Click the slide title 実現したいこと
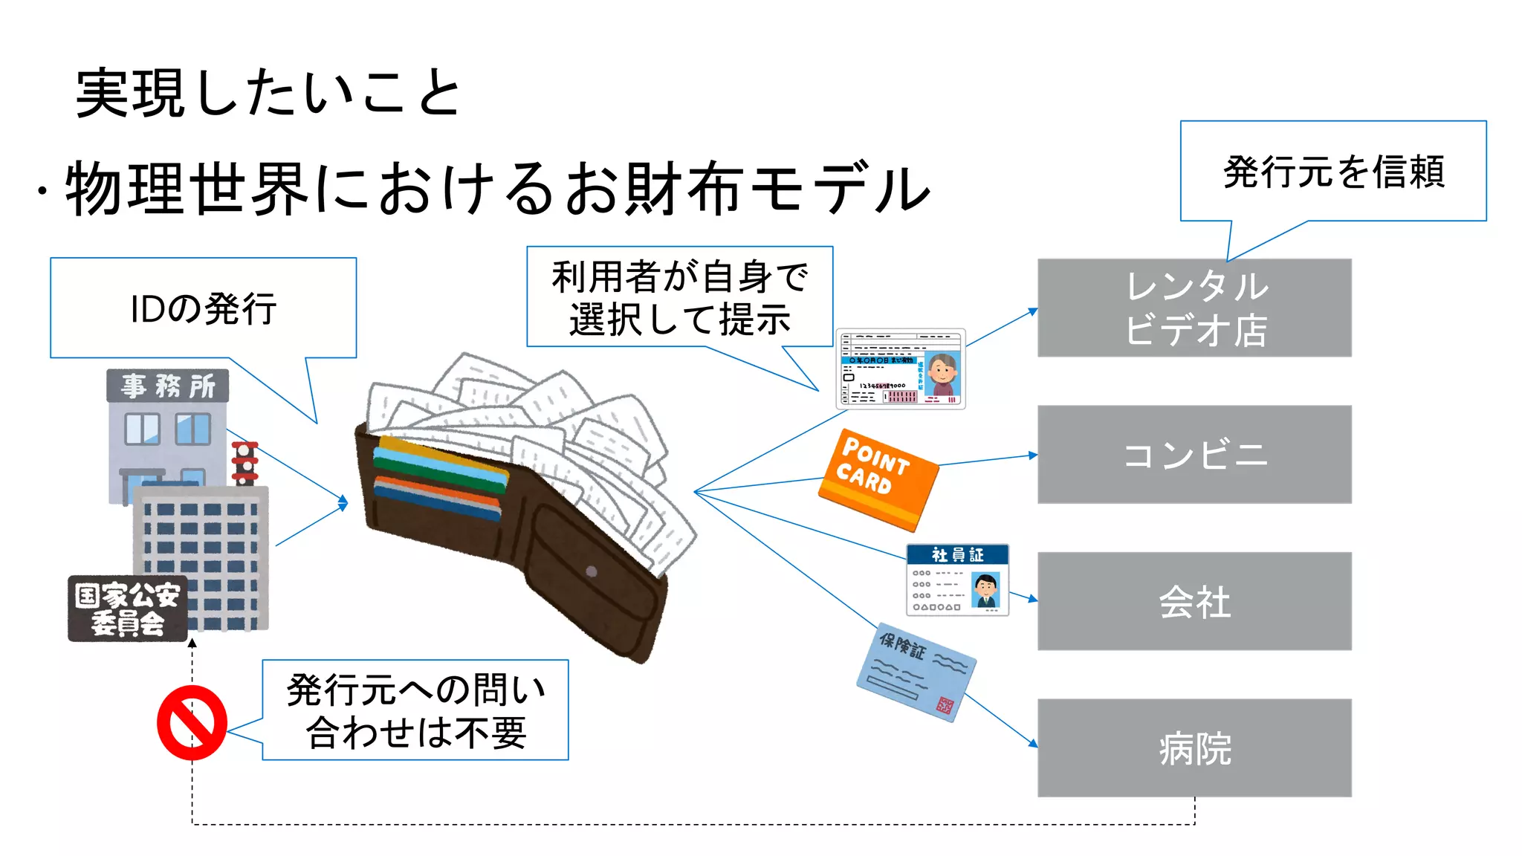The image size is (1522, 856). (x=269, y=94)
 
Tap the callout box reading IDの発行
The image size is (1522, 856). (x=203, y=308)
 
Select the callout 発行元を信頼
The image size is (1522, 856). (x=1333, y=172)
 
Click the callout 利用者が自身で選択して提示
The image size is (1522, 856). (x=679, y=297)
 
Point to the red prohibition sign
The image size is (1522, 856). (x=192, y=722)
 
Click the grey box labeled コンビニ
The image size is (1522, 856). (x=1194, y=455)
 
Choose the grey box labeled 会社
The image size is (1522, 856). (x=1194, y=601)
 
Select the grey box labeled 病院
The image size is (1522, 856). (x=1194, y=748)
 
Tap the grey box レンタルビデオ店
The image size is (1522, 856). (x=1194, y=308)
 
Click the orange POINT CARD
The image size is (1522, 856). (x=878, y=479)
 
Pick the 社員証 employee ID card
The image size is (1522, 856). (x=957, y=580)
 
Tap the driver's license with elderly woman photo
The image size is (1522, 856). (x=900, y=369)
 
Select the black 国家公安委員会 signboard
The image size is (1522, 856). (x=127, y=609)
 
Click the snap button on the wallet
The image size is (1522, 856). (x=592, y=571)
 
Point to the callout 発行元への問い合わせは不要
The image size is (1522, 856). (x=415, y=710)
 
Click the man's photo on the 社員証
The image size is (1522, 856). (x=986, y=591)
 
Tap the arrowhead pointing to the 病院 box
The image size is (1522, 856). (x=1033, y=742)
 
